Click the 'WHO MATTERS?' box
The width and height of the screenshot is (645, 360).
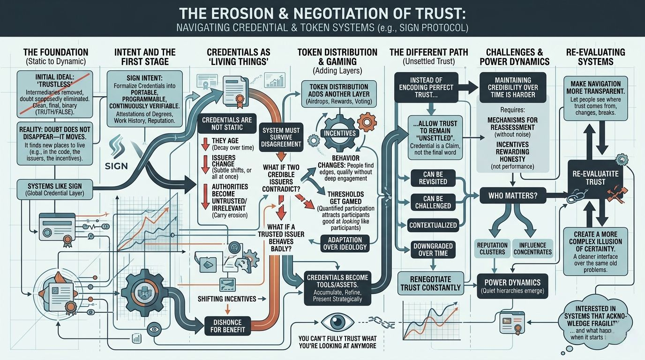[x=513, y=194]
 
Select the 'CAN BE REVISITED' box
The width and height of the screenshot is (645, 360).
[x=433, y=178]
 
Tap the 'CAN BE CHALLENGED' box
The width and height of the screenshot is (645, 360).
[x=433, y=202]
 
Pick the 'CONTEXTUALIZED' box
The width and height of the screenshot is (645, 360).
[x=433, y=225]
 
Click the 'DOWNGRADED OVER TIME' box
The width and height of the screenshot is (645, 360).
[x=433, y=250]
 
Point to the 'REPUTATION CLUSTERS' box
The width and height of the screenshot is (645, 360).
[x=492, y=248]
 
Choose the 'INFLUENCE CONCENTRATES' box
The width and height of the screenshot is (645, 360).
[x=532, y=248]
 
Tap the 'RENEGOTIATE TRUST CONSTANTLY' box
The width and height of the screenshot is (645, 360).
[x=430, y=283]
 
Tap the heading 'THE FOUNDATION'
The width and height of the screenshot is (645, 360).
[x=55, y=52]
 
